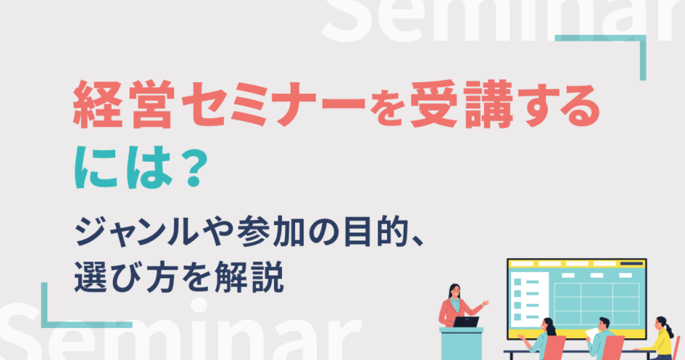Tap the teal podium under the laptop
point(461,343)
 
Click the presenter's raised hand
point(485,302)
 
